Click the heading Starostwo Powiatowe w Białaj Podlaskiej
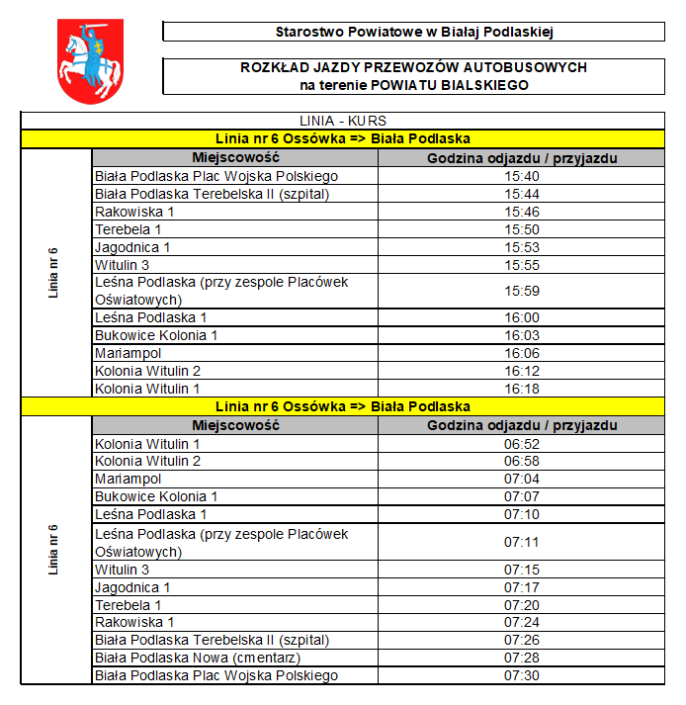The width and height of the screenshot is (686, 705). click(413, 32)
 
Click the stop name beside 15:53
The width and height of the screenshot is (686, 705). click(132, 247)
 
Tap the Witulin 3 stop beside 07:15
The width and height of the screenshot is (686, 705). click(122, 570)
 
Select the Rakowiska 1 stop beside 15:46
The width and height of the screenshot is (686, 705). click(134, 212)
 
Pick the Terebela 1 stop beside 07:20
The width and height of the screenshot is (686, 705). click(128, 604)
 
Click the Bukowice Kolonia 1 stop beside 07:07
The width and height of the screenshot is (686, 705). click(156, 496)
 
